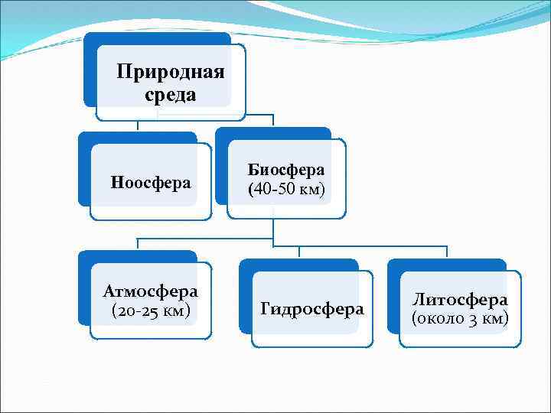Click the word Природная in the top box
170,73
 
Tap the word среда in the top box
170,95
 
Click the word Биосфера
286,169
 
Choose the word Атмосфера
151,291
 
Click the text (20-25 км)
151,311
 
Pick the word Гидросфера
312,309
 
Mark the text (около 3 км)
460,318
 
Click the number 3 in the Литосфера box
475,319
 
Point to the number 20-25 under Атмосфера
137,311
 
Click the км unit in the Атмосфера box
174,311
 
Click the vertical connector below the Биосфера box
274,229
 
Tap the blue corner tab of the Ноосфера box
83,172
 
